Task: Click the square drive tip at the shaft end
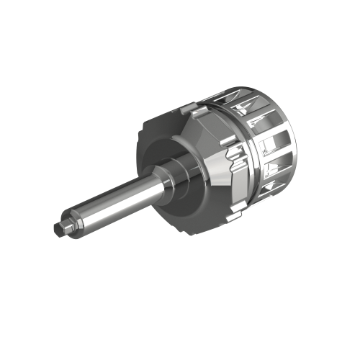click(x=60, y=228)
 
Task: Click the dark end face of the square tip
click(x=55, y=230)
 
